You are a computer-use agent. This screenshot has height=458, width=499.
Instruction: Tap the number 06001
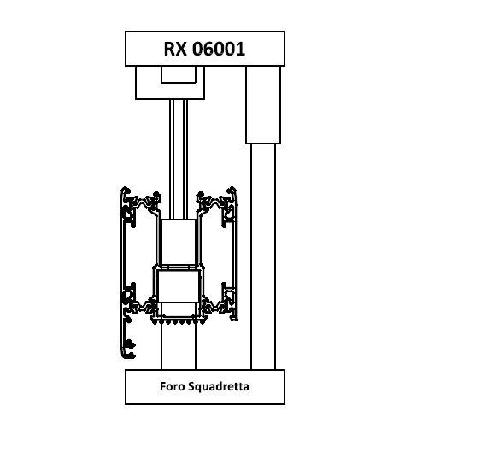pyautogui.click(x=219, y=49)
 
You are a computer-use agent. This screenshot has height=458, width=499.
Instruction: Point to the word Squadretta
pyautogui.click(x=219, y=386)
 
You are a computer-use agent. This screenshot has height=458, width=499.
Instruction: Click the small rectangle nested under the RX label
pyautogui.click(x=179, y=74)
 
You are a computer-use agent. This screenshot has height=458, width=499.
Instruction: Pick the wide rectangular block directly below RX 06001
pyautogui.click(x=170, y=82)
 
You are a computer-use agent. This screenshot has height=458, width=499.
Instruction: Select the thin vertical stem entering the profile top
pyautogui.click(x=179, y=159)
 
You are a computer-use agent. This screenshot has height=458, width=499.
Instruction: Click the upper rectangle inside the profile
pyautogui.click(x=179, y=242)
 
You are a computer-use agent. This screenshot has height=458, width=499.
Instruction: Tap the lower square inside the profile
pyautogui.click(x=179, y=286)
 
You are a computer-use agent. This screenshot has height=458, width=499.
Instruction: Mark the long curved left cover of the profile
pyautogui.click(x=121, y=271)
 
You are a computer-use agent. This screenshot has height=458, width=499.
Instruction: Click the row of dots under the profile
pyautogui.click(x=179, y=322)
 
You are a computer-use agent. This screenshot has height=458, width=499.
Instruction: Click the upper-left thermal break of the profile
pyautogui.click(x=144, y=202)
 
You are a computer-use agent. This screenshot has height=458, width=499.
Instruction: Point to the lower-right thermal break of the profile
pyautogui.click(x=216, y=305)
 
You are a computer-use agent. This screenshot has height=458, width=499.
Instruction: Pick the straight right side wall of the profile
pyautogui.click(x=236, y=255)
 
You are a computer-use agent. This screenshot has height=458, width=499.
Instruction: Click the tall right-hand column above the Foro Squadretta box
pyautogui.click(x=263, y=256)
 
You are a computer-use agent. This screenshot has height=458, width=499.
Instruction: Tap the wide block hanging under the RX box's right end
pyautogui.click(x=263, y=105)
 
